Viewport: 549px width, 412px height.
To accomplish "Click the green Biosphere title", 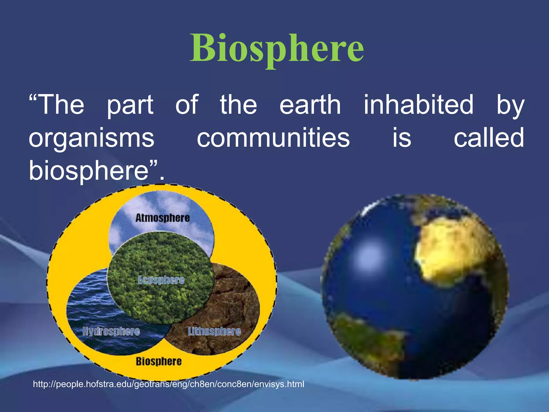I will (x=277, y=48).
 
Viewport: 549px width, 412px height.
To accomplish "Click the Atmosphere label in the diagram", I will (x=162, y=218).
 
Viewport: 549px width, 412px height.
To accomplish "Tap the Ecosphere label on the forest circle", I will (x=161, y=280).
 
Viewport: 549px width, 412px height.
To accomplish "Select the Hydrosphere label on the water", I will (x=111, y=331).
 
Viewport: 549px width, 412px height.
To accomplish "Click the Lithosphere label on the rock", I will (x=214, y=331).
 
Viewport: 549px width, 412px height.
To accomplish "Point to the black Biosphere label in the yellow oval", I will (x=158, y=361).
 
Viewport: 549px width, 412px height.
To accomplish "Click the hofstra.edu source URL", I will (x=168, y=384).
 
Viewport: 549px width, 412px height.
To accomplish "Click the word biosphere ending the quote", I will (x=88, y=171).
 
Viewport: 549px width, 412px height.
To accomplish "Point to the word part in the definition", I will (x=130, y=105).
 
